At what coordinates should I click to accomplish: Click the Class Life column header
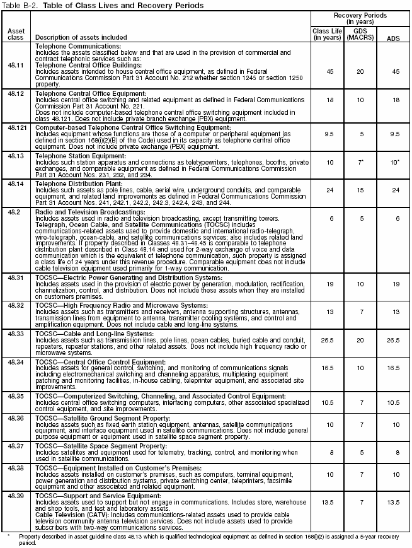[x=326, y=33]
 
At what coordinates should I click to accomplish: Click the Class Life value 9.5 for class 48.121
[x=328, y=134]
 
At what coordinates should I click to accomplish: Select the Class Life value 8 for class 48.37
[x=328, y=452]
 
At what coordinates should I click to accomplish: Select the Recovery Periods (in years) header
[x=360, y=18]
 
